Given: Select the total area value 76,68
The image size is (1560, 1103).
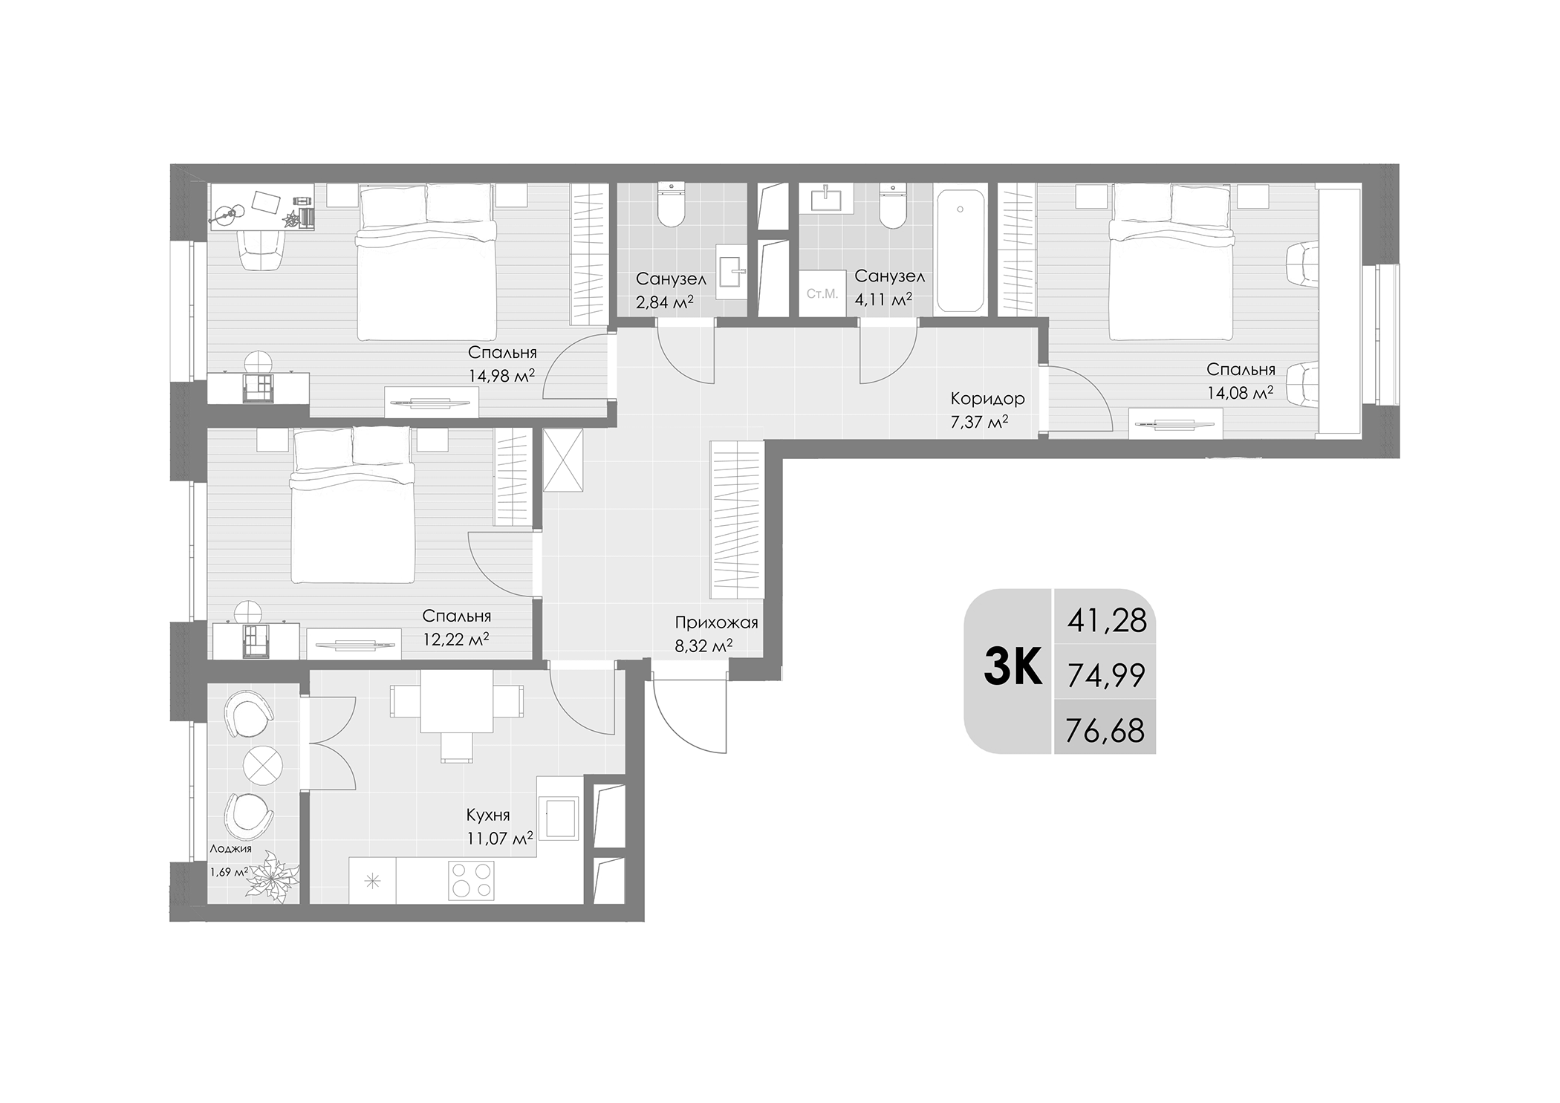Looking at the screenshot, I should click(1105, 730).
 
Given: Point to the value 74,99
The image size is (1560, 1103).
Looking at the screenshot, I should click(1105, 675).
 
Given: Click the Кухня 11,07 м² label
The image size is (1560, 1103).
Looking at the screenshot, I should click(499, 827).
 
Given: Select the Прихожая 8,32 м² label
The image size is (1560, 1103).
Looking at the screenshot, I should click(715, 634).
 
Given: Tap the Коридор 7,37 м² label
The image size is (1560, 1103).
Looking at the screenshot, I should click(987, 410).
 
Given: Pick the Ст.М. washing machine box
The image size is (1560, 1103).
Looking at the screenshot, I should click(822, 294).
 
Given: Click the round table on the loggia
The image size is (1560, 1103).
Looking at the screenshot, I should click(263, 766).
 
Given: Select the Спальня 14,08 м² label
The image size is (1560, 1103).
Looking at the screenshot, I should click(1240, 380).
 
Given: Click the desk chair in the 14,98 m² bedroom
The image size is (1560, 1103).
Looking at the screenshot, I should click(262, 250).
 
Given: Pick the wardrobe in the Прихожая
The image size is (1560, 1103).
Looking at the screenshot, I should click(737, 519).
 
